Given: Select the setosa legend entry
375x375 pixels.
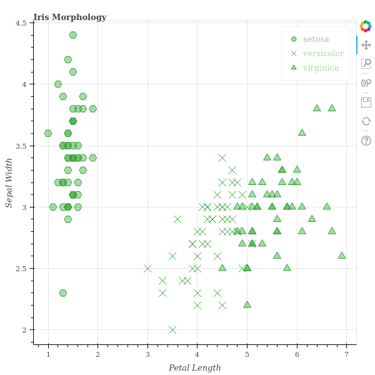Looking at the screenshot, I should point(316,39).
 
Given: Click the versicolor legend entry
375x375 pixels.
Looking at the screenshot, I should point(323,53).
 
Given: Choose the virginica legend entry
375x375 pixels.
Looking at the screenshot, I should point(321,67).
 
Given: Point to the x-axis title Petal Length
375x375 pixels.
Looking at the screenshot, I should point(194,367).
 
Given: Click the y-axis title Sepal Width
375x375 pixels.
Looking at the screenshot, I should point(9,182).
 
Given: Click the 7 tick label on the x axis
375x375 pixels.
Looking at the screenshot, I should point(346,355).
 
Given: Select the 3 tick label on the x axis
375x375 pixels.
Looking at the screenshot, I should point(147,355).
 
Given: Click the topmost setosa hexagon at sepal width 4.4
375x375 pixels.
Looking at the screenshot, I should point(73,35).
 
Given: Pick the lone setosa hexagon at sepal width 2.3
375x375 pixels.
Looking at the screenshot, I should point(63,293).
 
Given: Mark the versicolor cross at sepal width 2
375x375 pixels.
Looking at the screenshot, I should point(172,330).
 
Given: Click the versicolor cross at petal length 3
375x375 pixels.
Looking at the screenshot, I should point(147,269).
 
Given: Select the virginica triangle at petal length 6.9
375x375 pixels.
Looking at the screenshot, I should point(342,256).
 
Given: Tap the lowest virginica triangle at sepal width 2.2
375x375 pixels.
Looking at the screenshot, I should point(247,305).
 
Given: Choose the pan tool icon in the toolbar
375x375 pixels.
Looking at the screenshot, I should point(366,45).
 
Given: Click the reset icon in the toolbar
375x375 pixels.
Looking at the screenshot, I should point(366,121).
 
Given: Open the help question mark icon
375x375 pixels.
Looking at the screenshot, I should point(366,141).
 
